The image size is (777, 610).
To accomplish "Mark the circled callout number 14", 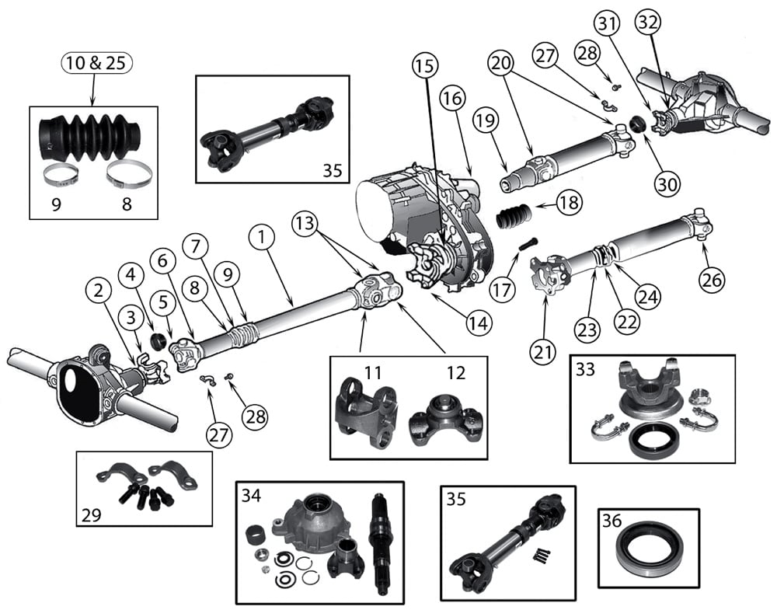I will [x=479, y=322].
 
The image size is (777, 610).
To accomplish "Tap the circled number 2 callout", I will [x=98, y=293].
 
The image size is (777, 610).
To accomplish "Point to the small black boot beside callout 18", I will [x=514, y=212].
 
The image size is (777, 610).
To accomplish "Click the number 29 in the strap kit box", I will [x=91, y=514].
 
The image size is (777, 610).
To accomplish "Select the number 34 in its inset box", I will [x=251, y=494].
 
